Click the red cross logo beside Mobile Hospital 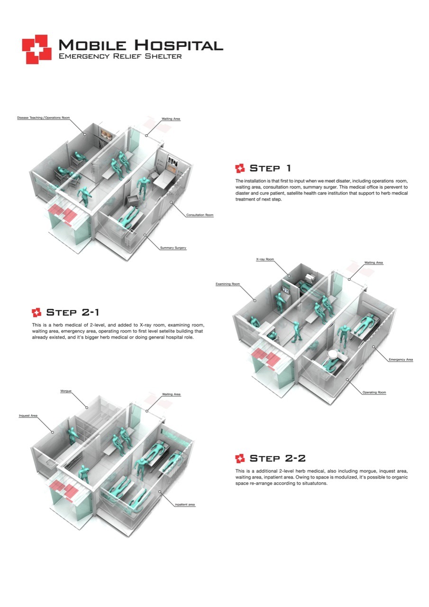[x=37, y=49]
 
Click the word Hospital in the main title [x=178, y=46]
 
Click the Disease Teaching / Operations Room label [x=44, y=118]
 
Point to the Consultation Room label [x=200, y=215]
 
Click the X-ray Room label [x=265, y=259]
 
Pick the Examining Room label [x=228, y=284]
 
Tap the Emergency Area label [x=401, y=359]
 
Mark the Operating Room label [x=374, y=393]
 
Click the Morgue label [x=66, y=391]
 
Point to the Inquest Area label [x=28, y=416]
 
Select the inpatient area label [x=185, y=504]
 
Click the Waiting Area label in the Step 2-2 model [x=171, y=394]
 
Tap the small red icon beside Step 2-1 [x=37, y=312]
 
